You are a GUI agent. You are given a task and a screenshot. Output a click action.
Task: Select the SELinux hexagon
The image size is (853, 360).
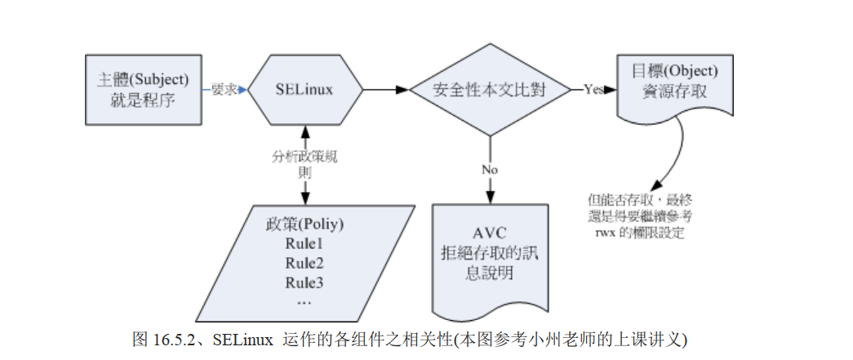pos(304,90)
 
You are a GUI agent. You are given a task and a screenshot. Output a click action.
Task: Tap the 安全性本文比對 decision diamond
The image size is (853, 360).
pos(489,90)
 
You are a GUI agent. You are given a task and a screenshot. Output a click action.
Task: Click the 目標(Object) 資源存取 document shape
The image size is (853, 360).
pos(669,87)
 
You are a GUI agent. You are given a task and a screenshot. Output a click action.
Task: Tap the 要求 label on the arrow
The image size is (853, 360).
pos(223,90)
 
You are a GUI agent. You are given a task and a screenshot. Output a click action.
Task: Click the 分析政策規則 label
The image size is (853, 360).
pos(304,164)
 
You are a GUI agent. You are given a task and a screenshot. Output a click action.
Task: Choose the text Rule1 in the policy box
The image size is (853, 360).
pos(304,242)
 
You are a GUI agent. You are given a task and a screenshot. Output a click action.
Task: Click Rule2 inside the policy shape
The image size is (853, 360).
pos(304,262)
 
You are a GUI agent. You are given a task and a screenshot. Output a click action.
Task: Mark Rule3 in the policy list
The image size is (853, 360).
pos(304,282)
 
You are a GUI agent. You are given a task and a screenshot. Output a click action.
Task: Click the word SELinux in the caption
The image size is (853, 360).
pos(242,337)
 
